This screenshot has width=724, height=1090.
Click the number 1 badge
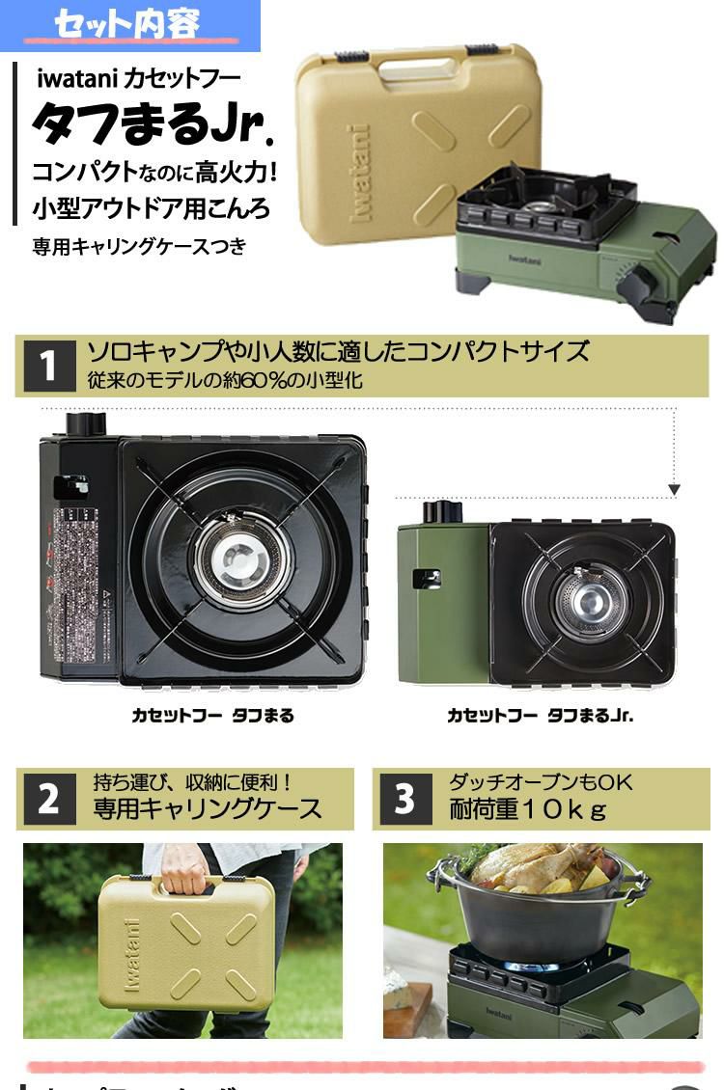click(x=47, y=367)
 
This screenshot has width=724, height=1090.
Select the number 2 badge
click(x=48, y=800)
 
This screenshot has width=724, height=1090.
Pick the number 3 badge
click(x=404, y=800)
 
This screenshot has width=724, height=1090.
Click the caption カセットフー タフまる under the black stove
click(x=212, y=716)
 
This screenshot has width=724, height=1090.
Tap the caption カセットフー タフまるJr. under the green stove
click(x=540, y=716)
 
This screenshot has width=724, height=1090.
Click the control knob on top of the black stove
click(x=86, y=423)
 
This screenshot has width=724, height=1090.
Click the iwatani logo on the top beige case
click(x=359, y=174)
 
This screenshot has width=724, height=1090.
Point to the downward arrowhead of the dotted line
click(x=674, y=490)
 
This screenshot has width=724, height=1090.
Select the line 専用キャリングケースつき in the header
click(x=140, y=247)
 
